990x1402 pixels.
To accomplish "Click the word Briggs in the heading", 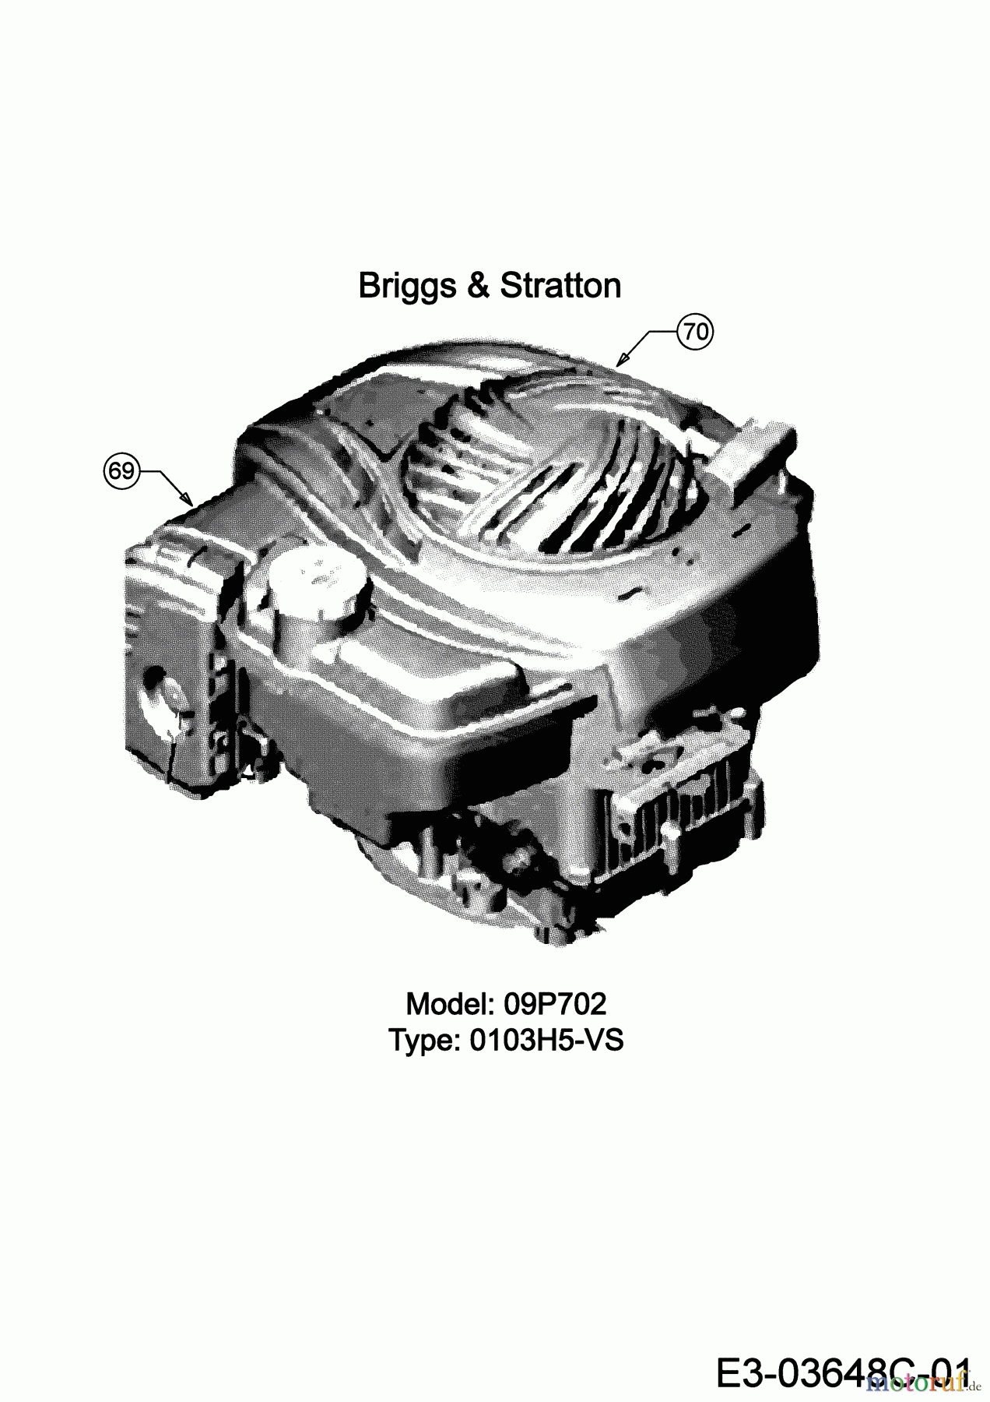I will pyautogui.click(x=407, y=286).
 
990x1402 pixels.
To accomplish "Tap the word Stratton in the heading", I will pyautogui.click(x=560, y=286).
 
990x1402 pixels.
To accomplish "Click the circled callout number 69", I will pyautogui.click(x=120, y=471).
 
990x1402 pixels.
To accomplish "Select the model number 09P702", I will pyautogui.click(x=554, y=1005).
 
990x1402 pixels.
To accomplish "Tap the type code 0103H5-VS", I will pyautogui.click(x=546, y=1041).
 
